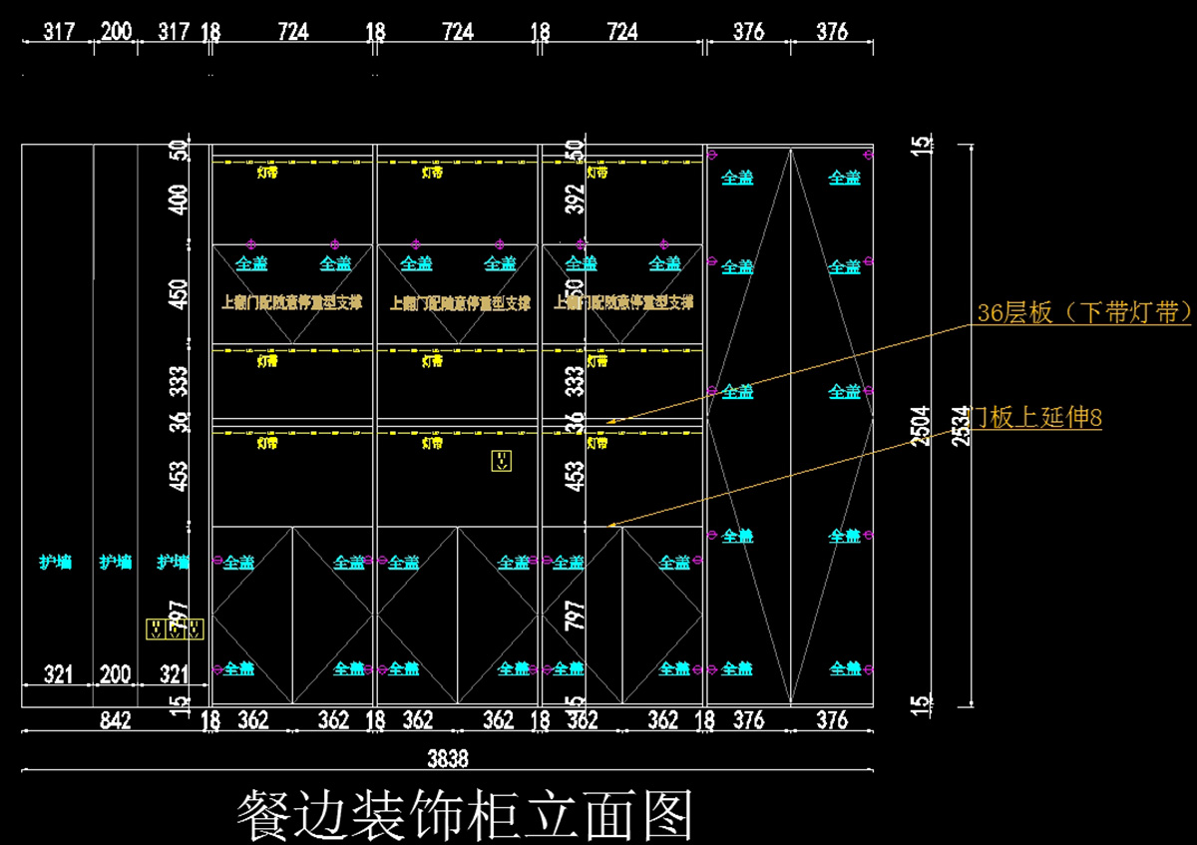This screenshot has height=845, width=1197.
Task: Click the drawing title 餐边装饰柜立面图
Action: click(464, 815)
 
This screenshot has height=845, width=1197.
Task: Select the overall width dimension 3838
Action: click(448, 758)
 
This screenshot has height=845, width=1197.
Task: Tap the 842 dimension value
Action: click(117, 720)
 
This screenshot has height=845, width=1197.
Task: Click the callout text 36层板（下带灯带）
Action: click(1083, 312)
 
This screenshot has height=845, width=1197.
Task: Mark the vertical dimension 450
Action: click(180, 293)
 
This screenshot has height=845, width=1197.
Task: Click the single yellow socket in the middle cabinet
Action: click(501, 461)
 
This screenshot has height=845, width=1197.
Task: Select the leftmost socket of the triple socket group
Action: click(156, 629)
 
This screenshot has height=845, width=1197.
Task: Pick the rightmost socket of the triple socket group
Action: click(196, 629)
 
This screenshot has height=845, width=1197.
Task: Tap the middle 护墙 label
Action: click(116, 563)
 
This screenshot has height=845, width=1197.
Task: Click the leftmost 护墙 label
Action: click(57, 563)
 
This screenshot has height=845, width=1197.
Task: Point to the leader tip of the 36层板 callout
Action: click(609, 422)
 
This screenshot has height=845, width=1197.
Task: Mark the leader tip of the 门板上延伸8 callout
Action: click(610, 525)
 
